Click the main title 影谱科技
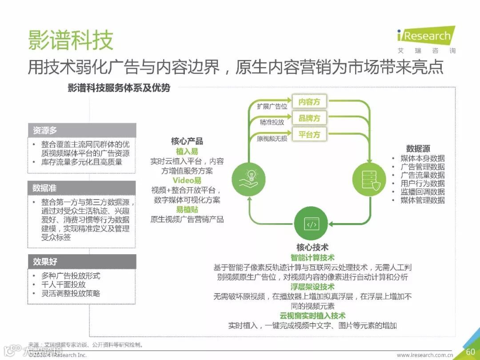pyautogui.click(x=71, y=40)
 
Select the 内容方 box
pyautogui.click(x=309, y=102)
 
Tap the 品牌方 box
pyautogui.click(x=309, y=118)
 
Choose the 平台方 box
pyautogui.click(x=309, y=134)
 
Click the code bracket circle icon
pyautogui.click(x=311, y=224)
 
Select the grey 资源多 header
pyautogui.click(x=82, y=131)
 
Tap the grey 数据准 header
pyautogui.click(x=82, y=188)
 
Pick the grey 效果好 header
pyautogui.click(x=82, y=261)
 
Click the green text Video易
pyautogui.click(x=187, y=180)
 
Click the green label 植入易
pyautogui.click(x=187, y=152)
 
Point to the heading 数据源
pyautogui.click(x=418, y=148)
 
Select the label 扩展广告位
pyautogui.click(x=272, y=107)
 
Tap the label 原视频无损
pyautogui.click(x=272, y=138)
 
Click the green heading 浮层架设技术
pyautogui.click(x=312, y=287)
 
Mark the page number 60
pyautogui.click(x=470, y=352)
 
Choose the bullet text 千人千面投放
pyautogui.click(x=64, y=284)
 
